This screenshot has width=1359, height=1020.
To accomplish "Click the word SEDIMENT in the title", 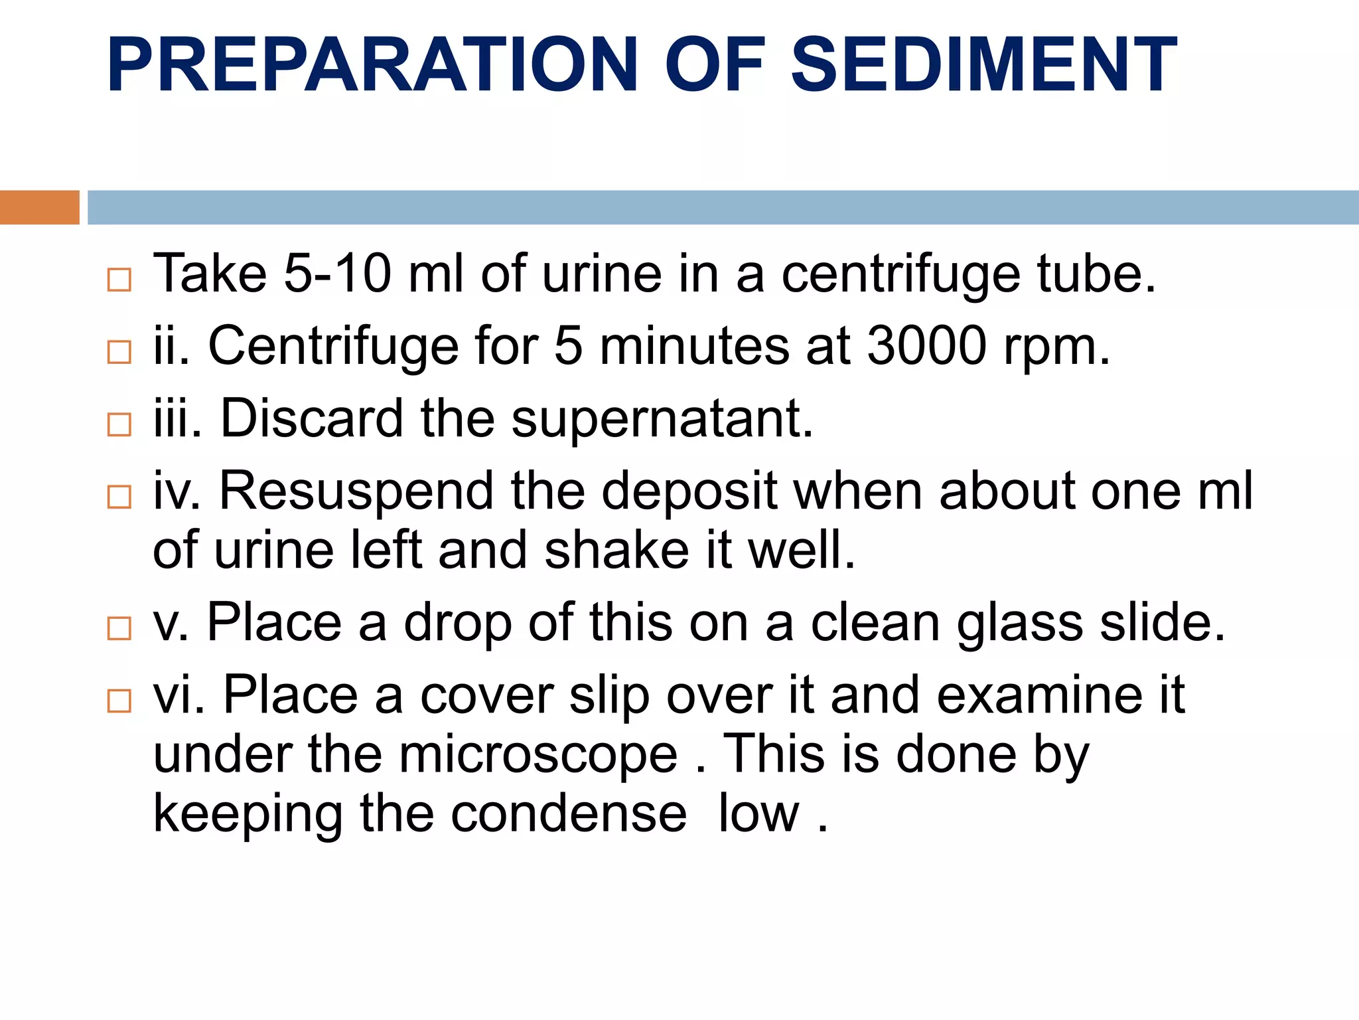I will click(x=983, y=64).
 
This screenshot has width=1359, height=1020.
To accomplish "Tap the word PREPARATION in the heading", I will click(x=372, y=64).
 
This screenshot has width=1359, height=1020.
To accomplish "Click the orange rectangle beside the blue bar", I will click(x=39, y=207).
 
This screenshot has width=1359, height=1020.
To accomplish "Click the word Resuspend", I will click(x=356, y=491).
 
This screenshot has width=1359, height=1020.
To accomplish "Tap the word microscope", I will click(x=538, y=755).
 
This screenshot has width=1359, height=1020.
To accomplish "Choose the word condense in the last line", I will click(x=569, y=814).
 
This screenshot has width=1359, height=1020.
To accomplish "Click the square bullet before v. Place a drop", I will click(x=119, y=628).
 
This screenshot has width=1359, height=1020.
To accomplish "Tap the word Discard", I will click(x=312, y=419).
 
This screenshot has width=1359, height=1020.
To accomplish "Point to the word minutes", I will click(x=694, y=346).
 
